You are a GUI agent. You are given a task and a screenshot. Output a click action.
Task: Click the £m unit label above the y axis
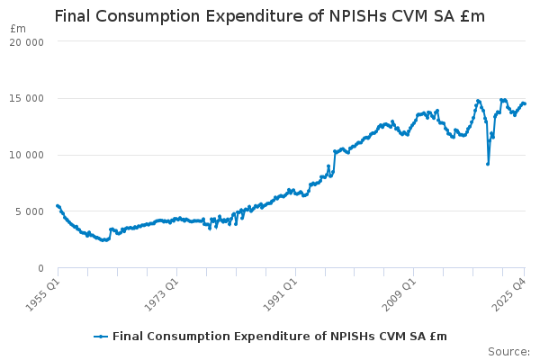coord(18,28)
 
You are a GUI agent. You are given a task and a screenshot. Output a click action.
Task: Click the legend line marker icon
coord(101,337)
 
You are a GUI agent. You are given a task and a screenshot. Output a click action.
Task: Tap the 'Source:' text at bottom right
coord(508,351)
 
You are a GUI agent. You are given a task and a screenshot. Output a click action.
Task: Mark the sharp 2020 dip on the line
coord(488,163)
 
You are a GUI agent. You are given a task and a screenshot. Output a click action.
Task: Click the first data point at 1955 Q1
coord(58,205)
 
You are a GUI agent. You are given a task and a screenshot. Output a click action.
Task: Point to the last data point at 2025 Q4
coord(525,103)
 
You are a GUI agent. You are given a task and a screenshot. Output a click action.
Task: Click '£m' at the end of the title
coord(472,16)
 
